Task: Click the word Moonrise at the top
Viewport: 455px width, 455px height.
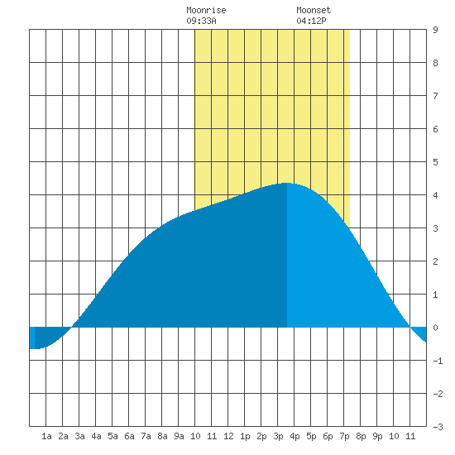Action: click(206, 10)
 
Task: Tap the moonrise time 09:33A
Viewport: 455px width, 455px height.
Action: click(201, 21)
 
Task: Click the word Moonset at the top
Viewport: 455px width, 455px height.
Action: click(314, 10)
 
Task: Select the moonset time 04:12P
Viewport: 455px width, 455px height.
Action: click(311, 21)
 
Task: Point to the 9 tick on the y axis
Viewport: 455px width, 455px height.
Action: click(435, 30)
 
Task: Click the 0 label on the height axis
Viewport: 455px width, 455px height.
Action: click(435, 328)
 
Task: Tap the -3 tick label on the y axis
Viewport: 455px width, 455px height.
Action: click(438, 427)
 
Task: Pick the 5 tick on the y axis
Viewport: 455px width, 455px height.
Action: click(435, 162)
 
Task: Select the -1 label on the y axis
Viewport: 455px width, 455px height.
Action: click(438, 361)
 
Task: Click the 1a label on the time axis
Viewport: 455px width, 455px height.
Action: click(46, 436)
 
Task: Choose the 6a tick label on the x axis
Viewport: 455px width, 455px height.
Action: click(129, 436)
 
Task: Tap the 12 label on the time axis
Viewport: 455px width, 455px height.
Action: click(228, 436)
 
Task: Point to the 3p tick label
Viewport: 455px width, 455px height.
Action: click(278, 436)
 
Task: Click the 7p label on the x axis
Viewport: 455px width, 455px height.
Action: click(344, 436)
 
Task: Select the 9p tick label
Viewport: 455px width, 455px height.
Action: click(377, 436)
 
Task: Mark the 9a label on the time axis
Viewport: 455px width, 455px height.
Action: click(179, 436)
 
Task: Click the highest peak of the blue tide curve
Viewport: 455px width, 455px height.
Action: click(286, 183)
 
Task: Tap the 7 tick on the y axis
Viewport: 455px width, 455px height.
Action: click(435, 96)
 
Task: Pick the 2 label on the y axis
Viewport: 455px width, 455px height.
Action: click(435, 261)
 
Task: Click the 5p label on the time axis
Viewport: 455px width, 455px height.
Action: click(311, 436)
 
